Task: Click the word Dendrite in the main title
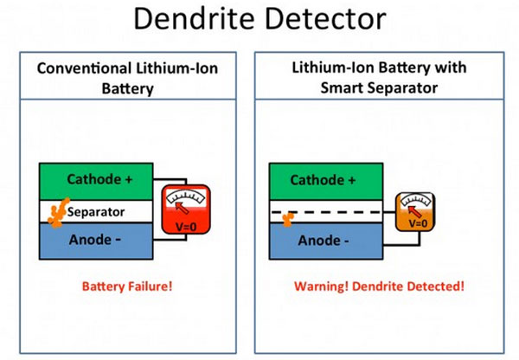[194, 18]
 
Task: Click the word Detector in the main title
[326, 18]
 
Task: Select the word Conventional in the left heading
[84, 68]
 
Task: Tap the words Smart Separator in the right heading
[379, 88]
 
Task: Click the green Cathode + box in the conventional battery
[96, 182]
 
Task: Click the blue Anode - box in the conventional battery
[96, 241]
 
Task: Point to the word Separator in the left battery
[96, 212]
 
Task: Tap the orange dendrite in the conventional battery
[59, 213]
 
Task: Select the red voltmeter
[186, 209]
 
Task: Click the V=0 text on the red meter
[186, 227]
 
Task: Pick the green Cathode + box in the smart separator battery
[326, 182]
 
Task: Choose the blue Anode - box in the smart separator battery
[326, 241]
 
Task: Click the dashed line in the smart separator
[326, 212]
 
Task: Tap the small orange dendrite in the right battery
[288, 219]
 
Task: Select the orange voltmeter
[415, 212]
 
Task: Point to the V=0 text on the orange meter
[418, 224]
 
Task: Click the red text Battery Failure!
[127, 286]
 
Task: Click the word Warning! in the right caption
[321, 286]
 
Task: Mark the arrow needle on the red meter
[182, 208]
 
